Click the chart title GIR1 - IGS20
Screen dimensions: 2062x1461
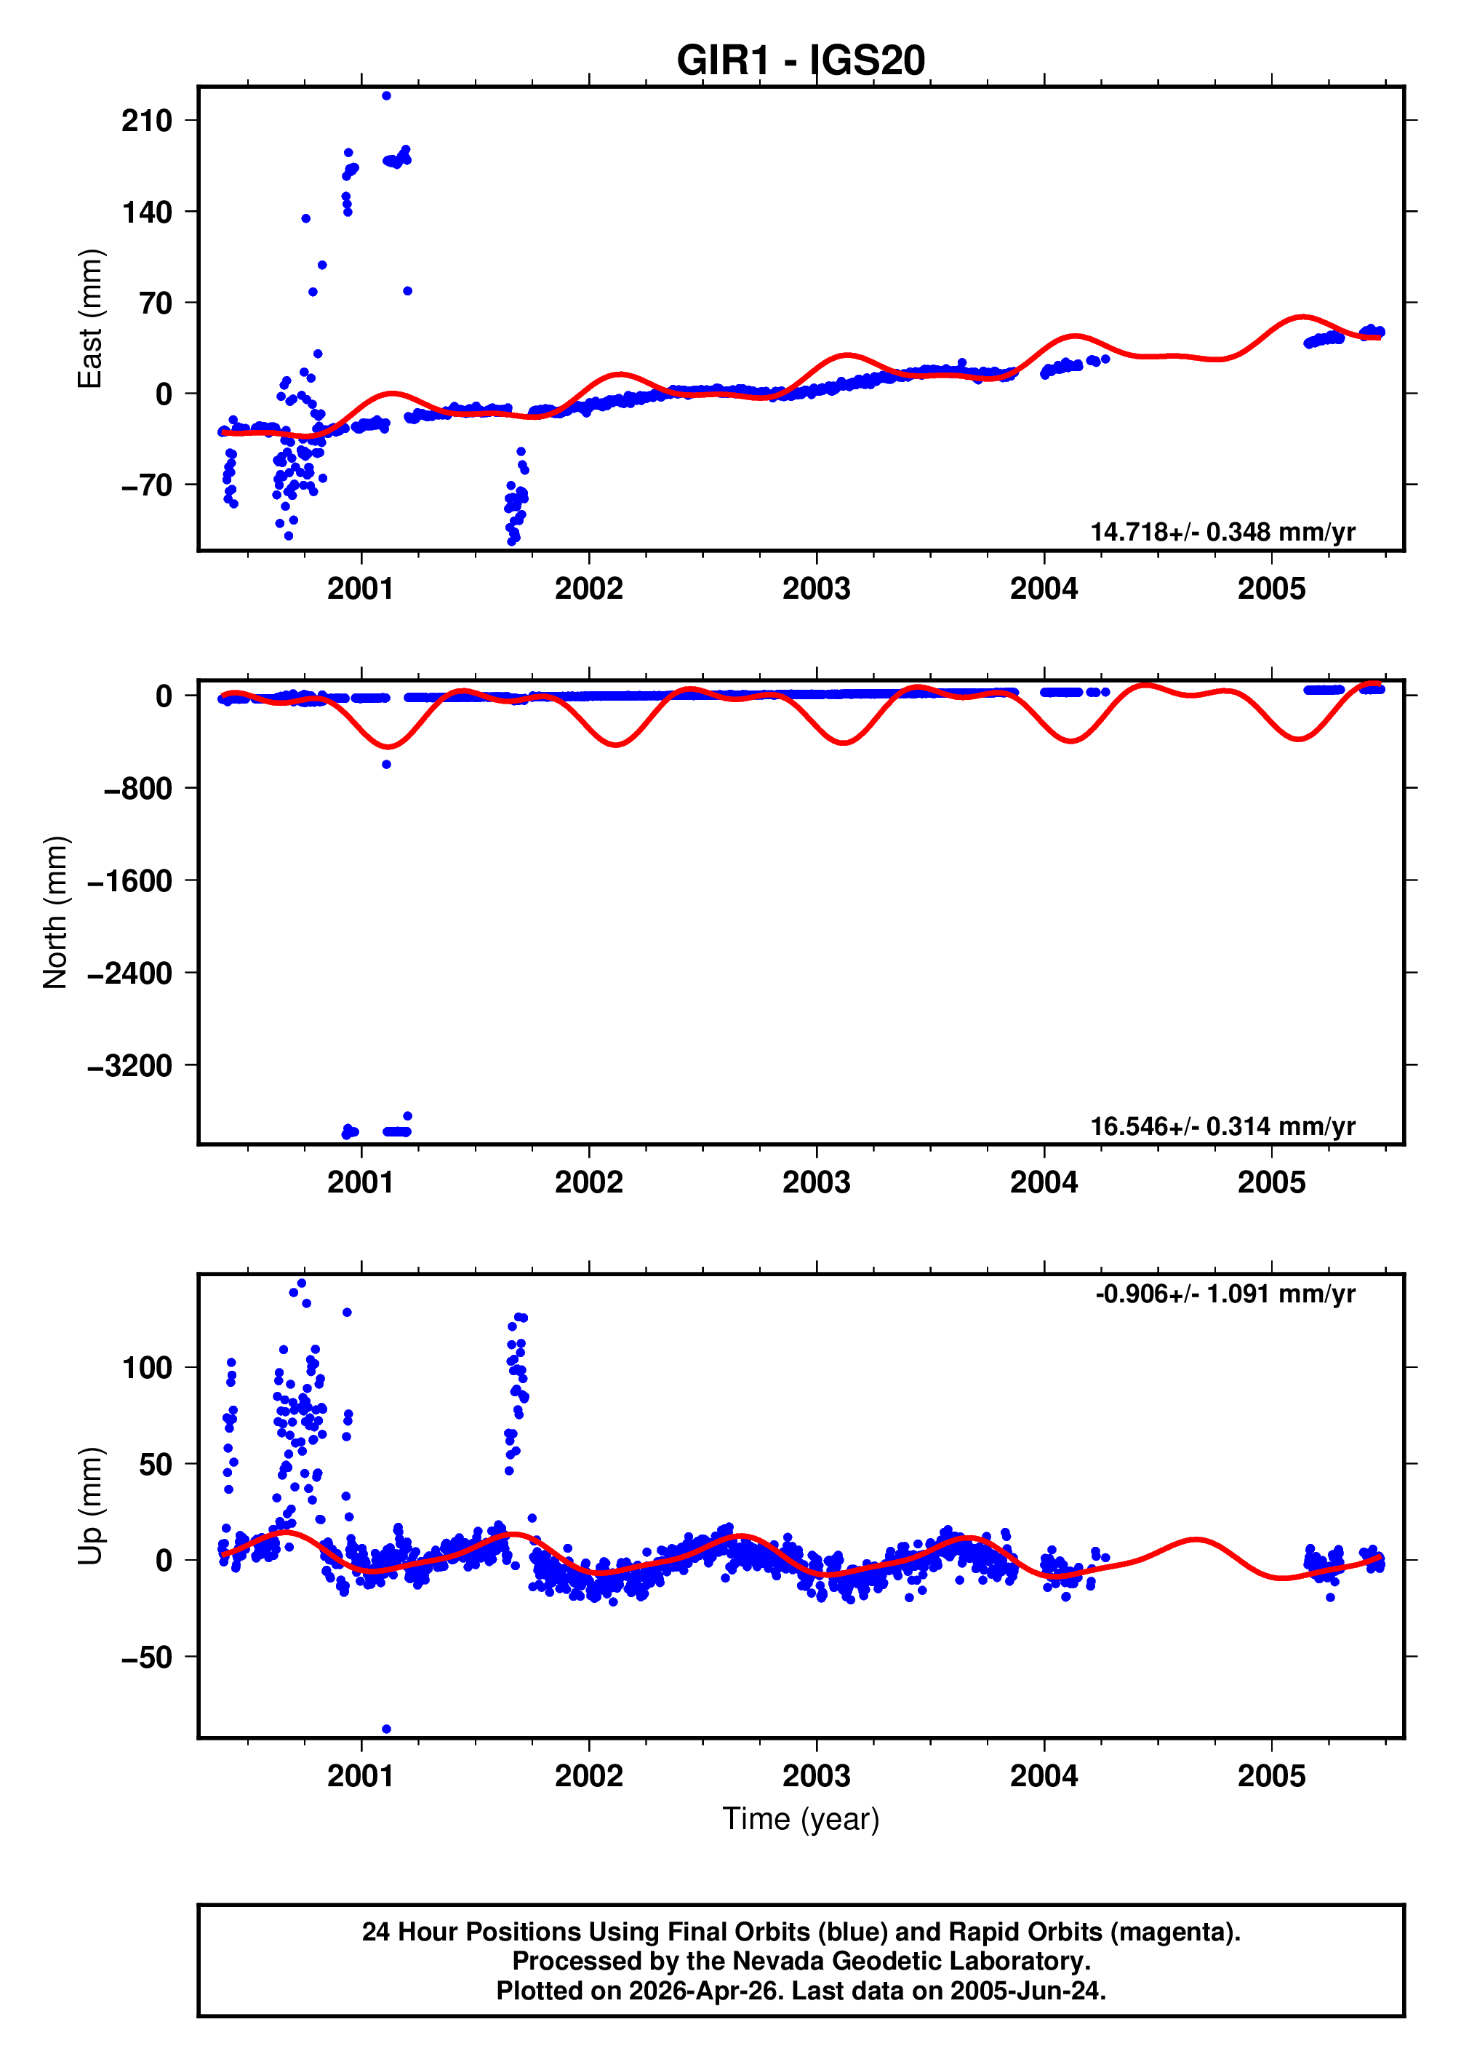tap(800, 61)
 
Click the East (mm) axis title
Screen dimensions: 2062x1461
tap(90, 319)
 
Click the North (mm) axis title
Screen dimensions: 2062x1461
tap(56, 912)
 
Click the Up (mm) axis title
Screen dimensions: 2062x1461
tap(90, 1507)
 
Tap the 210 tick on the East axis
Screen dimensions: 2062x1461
tap(147, 121)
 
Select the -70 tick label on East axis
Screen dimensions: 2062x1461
tap(147, 485)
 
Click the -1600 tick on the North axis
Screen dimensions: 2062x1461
tap(130, 881)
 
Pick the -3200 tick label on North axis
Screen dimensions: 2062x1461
tap(130, 1066)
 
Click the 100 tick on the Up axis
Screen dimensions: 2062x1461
tap(147, 1368)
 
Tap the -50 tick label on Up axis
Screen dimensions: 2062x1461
tap(147, 1657)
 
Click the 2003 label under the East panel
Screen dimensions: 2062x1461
tap(816, 589)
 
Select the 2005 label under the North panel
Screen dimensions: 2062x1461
tap(1270, 1182)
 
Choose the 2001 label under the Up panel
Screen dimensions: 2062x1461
tap(361, 1776)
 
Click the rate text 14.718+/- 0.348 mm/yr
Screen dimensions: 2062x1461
tap(1222, 532)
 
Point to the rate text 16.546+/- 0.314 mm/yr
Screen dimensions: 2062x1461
tap(1222, 1126)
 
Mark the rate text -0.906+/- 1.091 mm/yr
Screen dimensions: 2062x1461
tap(1225, 1294)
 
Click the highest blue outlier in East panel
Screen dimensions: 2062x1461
tap(386, 95)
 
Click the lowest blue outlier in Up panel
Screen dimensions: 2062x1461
tap(386, 1729)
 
